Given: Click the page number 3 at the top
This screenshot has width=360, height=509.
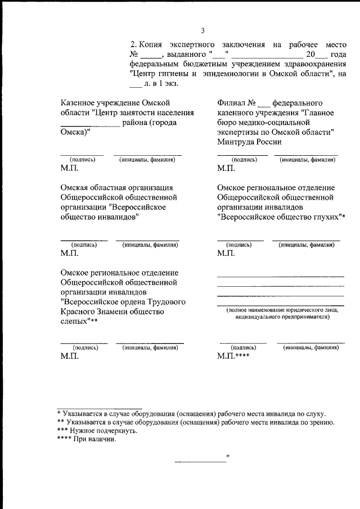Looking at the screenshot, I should click(202, 30).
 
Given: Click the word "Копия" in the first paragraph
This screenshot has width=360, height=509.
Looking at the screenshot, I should click(151, 44).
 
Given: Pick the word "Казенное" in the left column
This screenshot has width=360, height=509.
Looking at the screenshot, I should click(78, 102).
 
